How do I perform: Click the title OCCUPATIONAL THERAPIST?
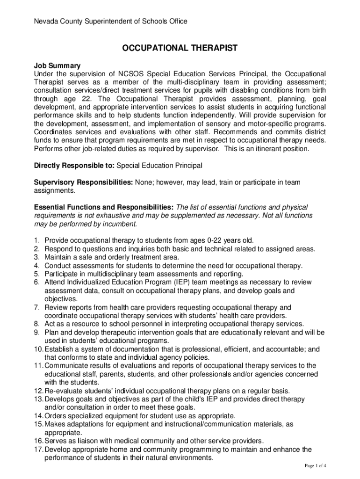(x=180, y=48)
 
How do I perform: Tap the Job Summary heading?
(x=57, y=66)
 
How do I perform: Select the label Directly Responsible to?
(x=74, y=166)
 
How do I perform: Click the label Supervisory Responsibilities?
(x=84, y=182)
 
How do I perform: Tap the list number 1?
(x=36, y=240)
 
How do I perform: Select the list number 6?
(x=36, y=282)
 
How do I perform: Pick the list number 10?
(x=37, y=349)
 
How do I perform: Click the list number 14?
(x=37, y=416)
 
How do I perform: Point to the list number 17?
(x=37, y=450)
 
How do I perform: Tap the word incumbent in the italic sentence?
(x=121, y=224)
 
